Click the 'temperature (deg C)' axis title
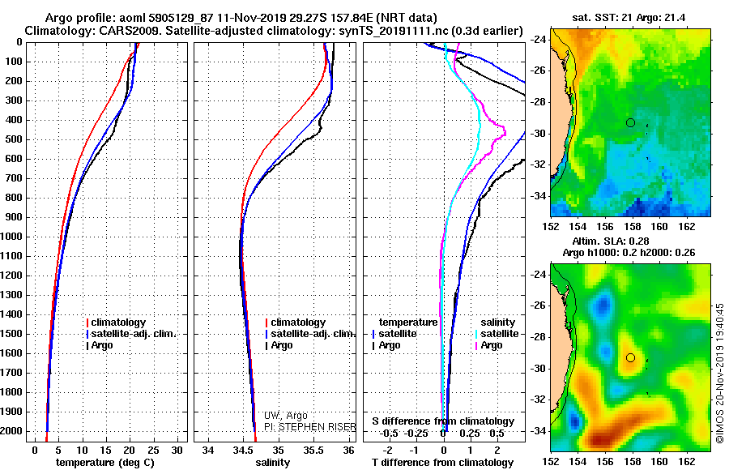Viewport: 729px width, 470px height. point(104,463)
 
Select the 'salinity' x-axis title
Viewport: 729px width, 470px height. point(272,463)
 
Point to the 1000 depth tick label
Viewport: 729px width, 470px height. point(12,237)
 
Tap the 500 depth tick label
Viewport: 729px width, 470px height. point(15,139)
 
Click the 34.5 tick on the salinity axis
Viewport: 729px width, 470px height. point(243,451)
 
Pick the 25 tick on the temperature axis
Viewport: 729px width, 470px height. point(153,451)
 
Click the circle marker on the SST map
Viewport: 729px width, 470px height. point(630,123)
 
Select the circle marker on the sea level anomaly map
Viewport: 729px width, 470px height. point(630,358)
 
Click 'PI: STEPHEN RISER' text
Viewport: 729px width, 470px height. point(309,427)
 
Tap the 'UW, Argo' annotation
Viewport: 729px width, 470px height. point(285,416)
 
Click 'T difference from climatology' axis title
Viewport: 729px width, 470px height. point(442,463)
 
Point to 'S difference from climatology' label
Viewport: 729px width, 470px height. point(443,421)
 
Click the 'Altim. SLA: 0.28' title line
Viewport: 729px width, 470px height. point(611,241)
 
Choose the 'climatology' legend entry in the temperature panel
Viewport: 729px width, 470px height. point(116,323)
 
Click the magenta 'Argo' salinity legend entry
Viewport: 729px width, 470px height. point(488,345)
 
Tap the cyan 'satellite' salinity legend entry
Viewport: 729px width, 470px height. point(497,334)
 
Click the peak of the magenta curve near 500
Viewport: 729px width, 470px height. point(505,134)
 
